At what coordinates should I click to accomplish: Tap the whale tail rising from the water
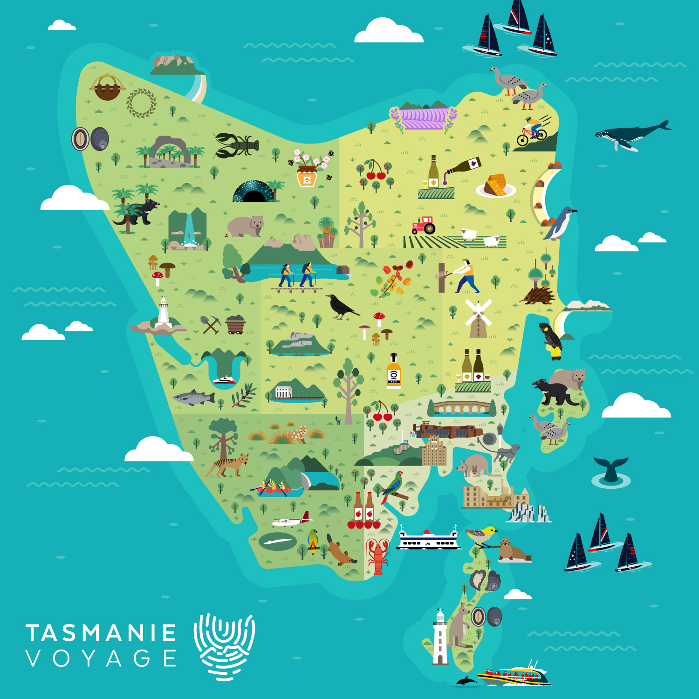(610, 470)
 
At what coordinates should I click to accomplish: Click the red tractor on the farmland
(423, 226)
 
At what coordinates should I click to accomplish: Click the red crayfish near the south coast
(378, 556)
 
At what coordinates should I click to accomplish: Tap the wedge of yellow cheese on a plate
(495, 185)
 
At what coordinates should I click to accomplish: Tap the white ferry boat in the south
(428, 540)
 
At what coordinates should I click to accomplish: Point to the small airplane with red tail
(291, 521)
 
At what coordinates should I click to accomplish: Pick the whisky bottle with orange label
(394, 372)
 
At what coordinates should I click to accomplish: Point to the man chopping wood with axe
(465, 276)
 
